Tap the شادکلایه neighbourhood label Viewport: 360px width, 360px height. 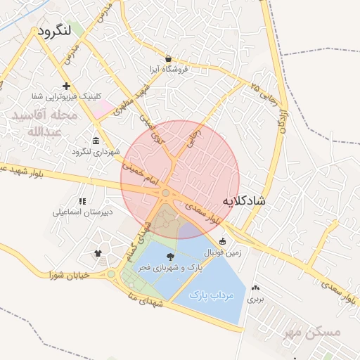click(244, 201)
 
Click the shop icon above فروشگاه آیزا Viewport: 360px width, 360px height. click(168, 58)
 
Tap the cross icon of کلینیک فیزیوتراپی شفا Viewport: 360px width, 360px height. click(66, 86)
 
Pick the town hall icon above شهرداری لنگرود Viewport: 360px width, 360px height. click(96, 140)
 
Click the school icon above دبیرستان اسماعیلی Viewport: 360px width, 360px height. click(82, 201)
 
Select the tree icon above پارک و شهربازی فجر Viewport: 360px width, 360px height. click(169, 257)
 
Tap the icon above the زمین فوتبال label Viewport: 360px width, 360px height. click(223, 241)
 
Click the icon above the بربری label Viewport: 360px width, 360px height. click(255, 288)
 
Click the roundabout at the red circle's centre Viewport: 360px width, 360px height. click(166, 193)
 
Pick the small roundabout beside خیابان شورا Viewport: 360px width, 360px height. click(110, 274)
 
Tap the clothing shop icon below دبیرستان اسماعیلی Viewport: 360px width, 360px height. click(98, 253)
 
